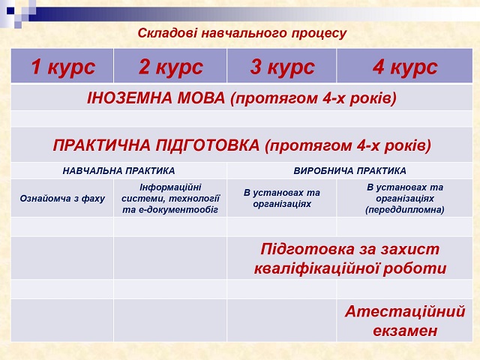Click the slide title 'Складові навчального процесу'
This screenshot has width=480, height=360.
[241, 33]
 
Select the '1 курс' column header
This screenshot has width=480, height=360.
[63, 67]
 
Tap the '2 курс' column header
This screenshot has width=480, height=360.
[170, 67]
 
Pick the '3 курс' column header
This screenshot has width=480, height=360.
[282, 67]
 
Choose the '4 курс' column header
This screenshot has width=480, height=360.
[405, 67]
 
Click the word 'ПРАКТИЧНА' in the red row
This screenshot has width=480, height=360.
[101, 145]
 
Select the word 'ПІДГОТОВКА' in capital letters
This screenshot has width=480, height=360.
[208, 145]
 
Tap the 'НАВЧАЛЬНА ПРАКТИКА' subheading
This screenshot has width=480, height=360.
[118, 171]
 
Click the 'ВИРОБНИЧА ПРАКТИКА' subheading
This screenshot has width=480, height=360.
[350, 171]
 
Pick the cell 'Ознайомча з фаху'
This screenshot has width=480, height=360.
[62, 199]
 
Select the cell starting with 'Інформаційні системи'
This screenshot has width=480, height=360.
[170, 198]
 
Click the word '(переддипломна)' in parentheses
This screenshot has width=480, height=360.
[405, 210]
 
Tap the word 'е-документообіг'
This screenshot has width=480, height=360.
[178, 210]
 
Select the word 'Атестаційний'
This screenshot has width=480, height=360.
[405, 312]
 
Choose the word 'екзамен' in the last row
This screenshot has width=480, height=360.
[405, 331]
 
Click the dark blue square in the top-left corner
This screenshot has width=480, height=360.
[10, 10]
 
